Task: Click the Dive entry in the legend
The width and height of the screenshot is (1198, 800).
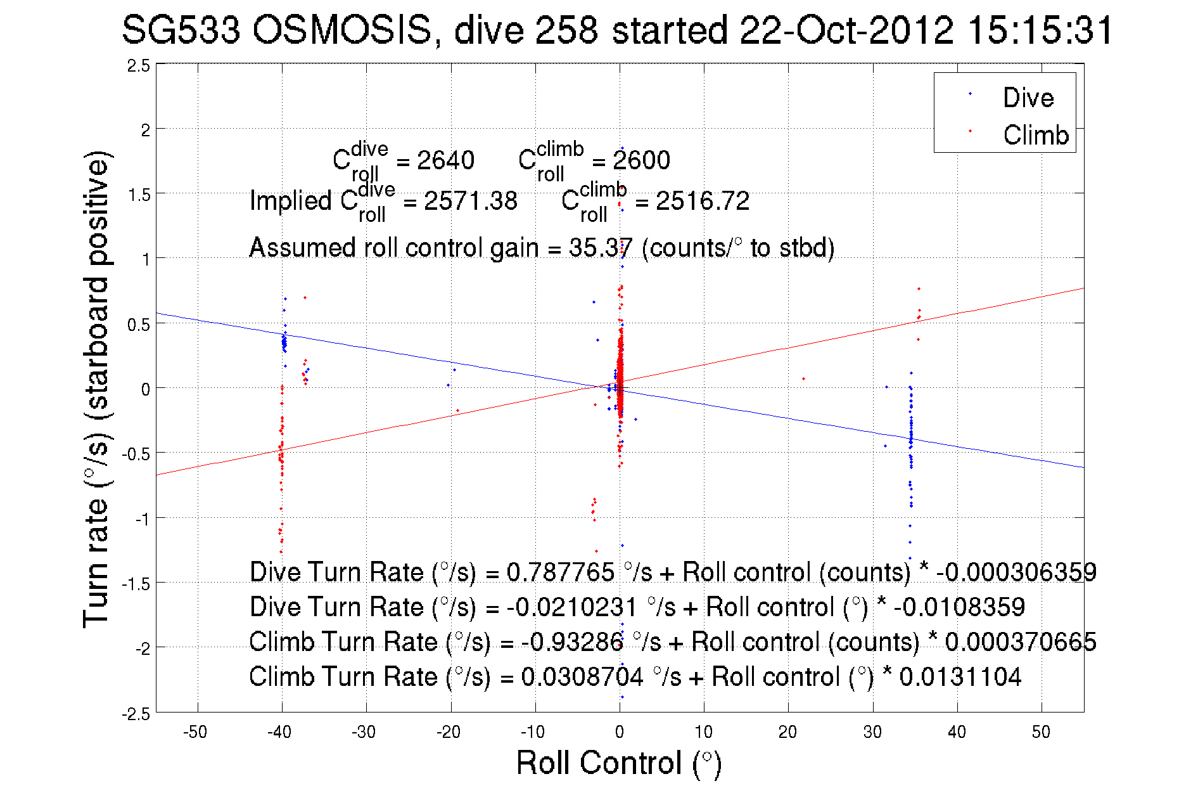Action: click(x=1028, y=98)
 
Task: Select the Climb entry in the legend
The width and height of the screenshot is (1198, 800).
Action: click(x=1035, y=135)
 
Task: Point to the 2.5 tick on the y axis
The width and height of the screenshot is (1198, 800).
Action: click(x=139, y=66)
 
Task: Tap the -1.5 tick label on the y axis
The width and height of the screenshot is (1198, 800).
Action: click(x=136, y=584)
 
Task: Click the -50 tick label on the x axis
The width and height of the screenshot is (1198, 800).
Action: click(x=195, y=732)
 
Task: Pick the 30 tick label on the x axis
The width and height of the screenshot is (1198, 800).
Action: click(x=872, y=732)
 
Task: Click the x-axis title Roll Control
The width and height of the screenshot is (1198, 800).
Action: click(x=618, y=763)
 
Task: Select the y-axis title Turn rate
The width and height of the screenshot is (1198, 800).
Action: click(x=96, y=390)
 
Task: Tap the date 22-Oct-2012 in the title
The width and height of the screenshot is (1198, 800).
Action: click(x=846, y=30)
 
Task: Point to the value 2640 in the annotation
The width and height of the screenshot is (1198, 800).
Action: click(x=445, y=160)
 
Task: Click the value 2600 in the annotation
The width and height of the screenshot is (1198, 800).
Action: click(x=641, y=160)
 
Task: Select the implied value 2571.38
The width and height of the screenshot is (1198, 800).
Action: click(x=470, y=202)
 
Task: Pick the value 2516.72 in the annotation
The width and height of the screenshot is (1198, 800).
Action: click(x=702, y=202)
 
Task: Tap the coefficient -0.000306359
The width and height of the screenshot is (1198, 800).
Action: click(x=1016, y=572)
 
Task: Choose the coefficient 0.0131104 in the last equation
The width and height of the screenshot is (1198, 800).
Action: click(x=960, y=677)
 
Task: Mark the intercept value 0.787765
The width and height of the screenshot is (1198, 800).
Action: click(x=560, y=572)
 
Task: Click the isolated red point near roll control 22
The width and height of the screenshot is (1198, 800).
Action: click(x=803, y=379)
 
